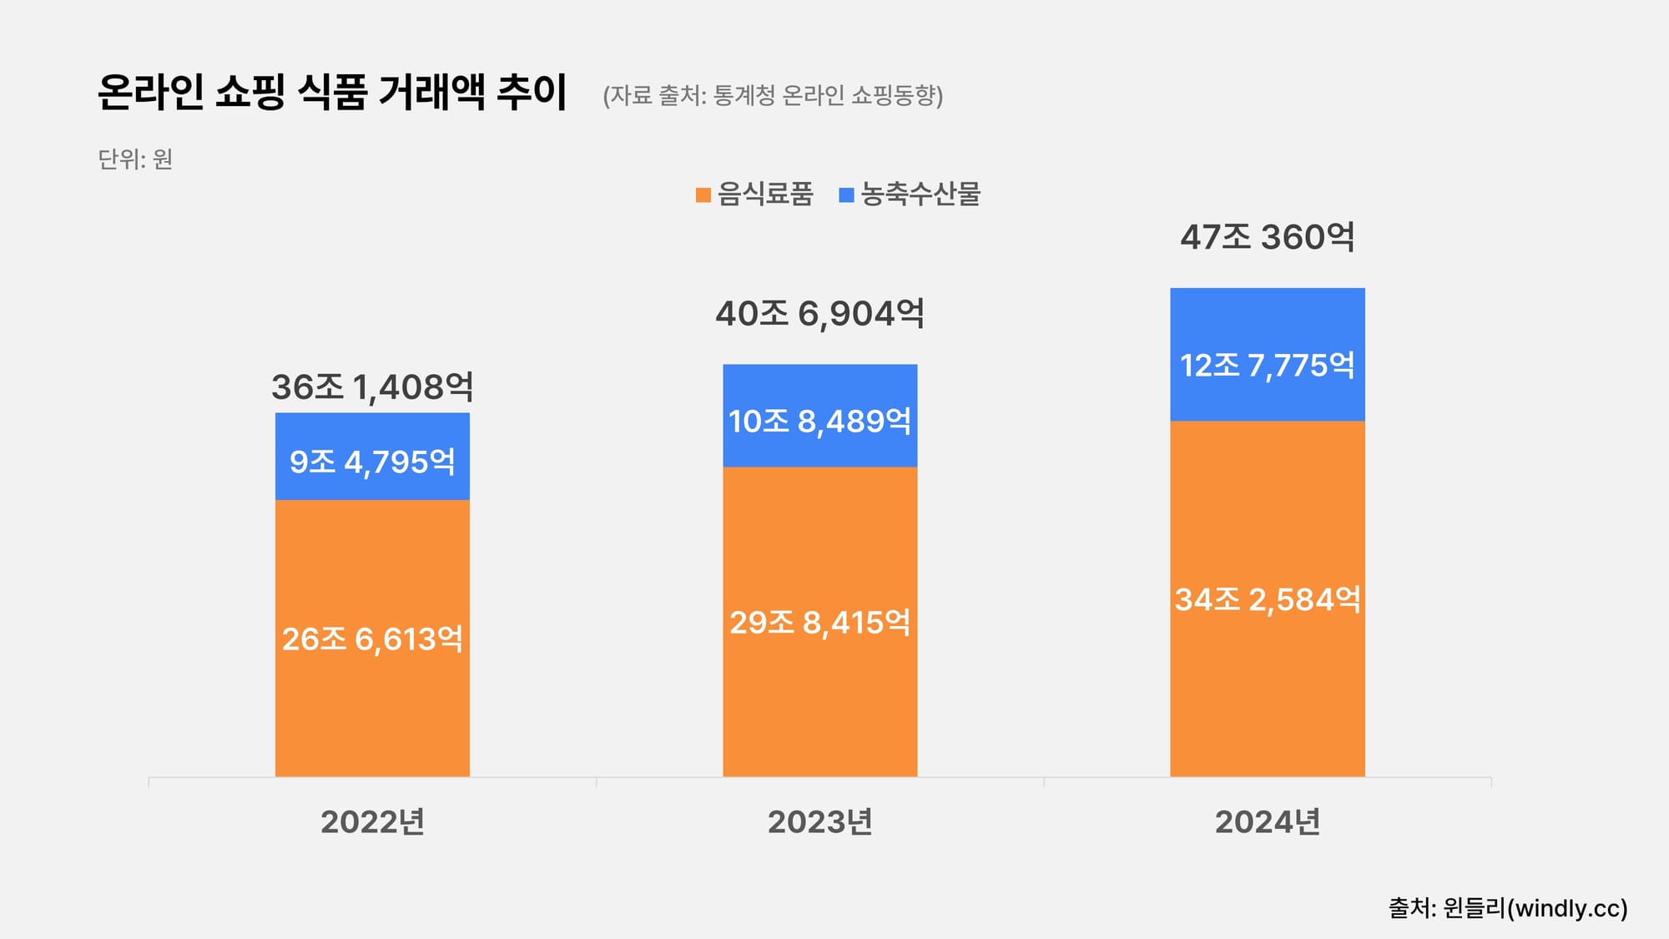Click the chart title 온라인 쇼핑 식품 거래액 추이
[x=332, y=92]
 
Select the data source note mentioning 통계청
[x=773, y=95]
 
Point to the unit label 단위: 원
[x=135, y=159]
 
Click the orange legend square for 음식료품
[x=703, y=195]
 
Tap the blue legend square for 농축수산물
[x=846, y=195]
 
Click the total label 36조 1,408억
[x=372, y=387]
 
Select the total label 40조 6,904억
[x=819, y=314]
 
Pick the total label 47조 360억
[x=1267, y=238]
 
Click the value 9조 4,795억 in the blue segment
[x=372, y=462]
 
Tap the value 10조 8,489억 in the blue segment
[x=819, y=421]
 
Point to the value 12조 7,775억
[x=1267, y=365]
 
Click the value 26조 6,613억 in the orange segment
[x=372, y=639]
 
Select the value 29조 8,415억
[x=819, y=623]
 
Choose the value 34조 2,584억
[x=1267, y=599]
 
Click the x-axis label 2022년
[x=372, y=822]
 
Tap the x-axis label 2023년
[x=819, y=822]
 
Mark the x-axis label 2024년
[x=1267, y=822]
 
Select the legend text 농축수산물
[x=920, y=194]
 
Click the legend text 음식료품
[x=764, y=194]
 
